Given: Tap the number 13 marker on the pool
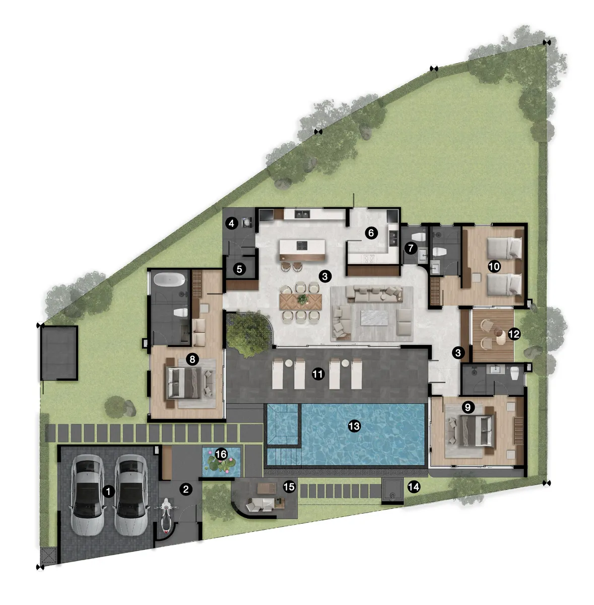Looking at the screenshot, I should pyautogui.click(x=354, y=426).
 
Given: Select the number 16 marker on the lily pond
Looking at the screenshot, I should pyautogui.click(x=221, y=454).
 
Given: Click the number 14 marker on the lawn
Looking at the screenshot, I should pyautogui.click(x=413, y=487).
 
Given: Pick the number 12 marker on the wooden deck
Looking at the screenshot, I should pyautogui.click(x=514, y=334).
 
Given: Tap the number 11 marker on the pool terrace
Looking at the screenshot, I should pyautogui.click(x=317, y=374).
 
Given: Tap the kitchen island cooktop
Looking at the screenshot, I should pyautogui.click(x=302, y=246).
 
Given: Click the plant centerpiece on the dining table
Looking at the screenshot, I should pyautogui.click(x=302, y=299).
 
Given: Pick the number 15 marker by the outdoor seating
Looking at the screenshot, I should pyautogui.click(x=289, y=487).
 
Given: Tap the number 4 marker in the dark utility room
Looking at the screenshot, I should pyautogui.click(x=231, y=223).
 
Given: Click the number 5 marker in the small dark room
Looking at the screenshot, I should pyautogui.click(x=240, y=269).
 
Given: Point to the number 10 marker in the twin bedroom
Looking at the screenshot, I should pyautogui.click(x=494, y=266).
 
